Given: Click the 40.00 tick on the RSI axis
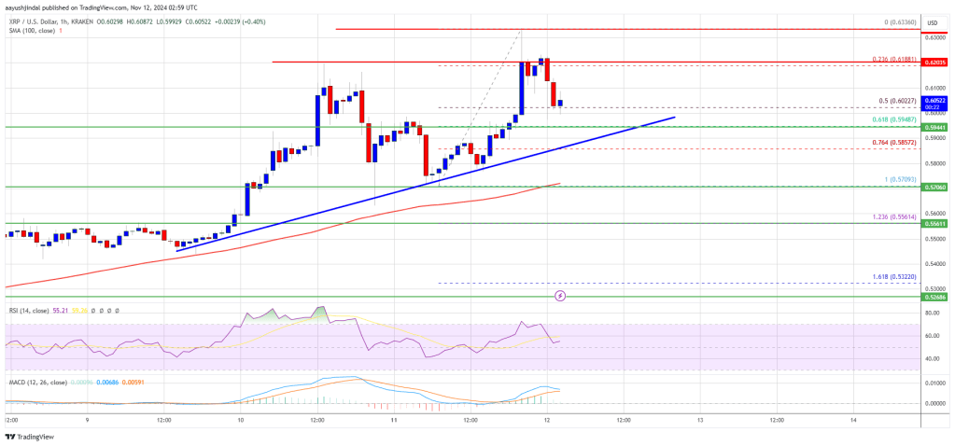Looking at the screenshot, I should [x=932, y=358].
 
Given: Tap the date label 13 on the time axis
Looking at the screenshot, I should [x=699, y=420].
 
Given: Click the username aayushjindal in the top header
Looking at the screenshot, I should [x=29, y=7].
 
